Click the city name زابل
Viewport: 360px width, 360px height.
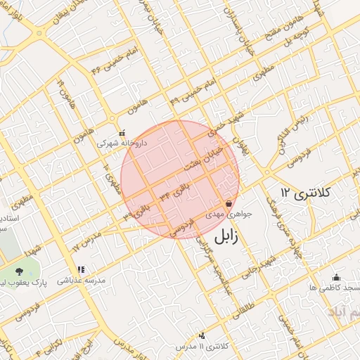(x=224, y=236)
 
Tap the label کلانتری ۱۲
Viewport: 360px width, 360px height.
(x=307, y=191)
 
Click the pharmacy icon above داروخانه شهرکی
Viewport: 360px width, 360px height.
(x=122, y=132)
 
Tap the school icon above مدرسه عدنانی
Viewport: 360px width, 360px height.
(x=81, y=269)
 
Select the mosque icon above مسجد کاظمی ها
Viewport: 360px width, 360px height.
(x=336, y=277)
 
